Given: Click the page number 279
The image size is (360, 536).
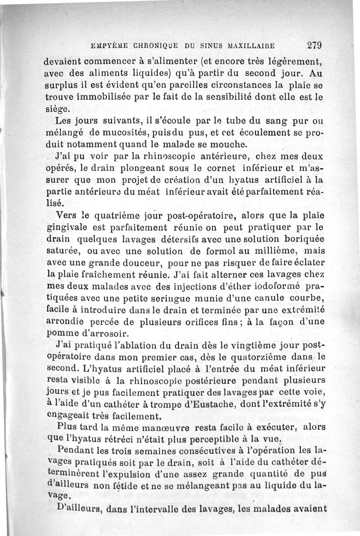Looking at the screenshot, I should [315, 45].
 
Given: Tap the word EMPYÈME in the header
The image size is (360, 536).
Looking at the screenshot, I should [108, 46].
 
